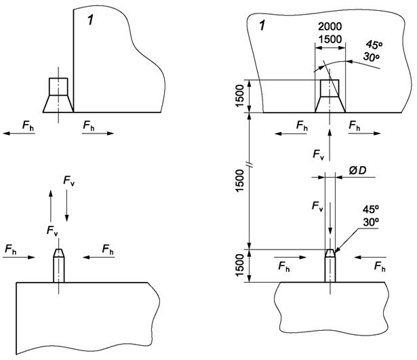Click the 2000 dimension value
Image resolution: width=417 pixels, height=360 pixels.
click(x=330, y=26)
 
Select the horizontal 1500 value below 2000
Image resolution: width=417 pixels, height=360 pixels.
click(x=330, y=39)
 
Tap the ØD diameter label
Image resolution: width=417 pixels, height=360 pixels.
click(x=357, y=170)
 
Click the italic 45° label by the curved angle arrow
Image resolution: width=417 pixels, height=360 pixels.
click(x=374, y=44)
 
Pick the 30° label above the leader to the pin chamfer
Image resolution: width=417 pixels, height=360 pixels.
click(x=371, y=222)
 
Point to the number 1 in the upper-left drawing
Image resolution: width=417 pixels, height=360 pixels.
click(x=91, y=20)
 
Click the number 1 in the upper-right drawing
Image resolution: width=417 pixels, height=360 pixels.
click(x=262, y=26)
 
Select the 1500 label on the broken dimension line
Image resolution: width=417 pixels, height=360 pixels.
click(x=240, y=180)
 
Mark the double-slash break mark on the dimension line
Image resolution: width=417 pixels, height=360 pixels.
click(x=250, y=165)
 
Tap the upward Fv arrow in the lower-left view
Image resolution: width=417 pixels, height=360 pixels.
click(x=51, y=205)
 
